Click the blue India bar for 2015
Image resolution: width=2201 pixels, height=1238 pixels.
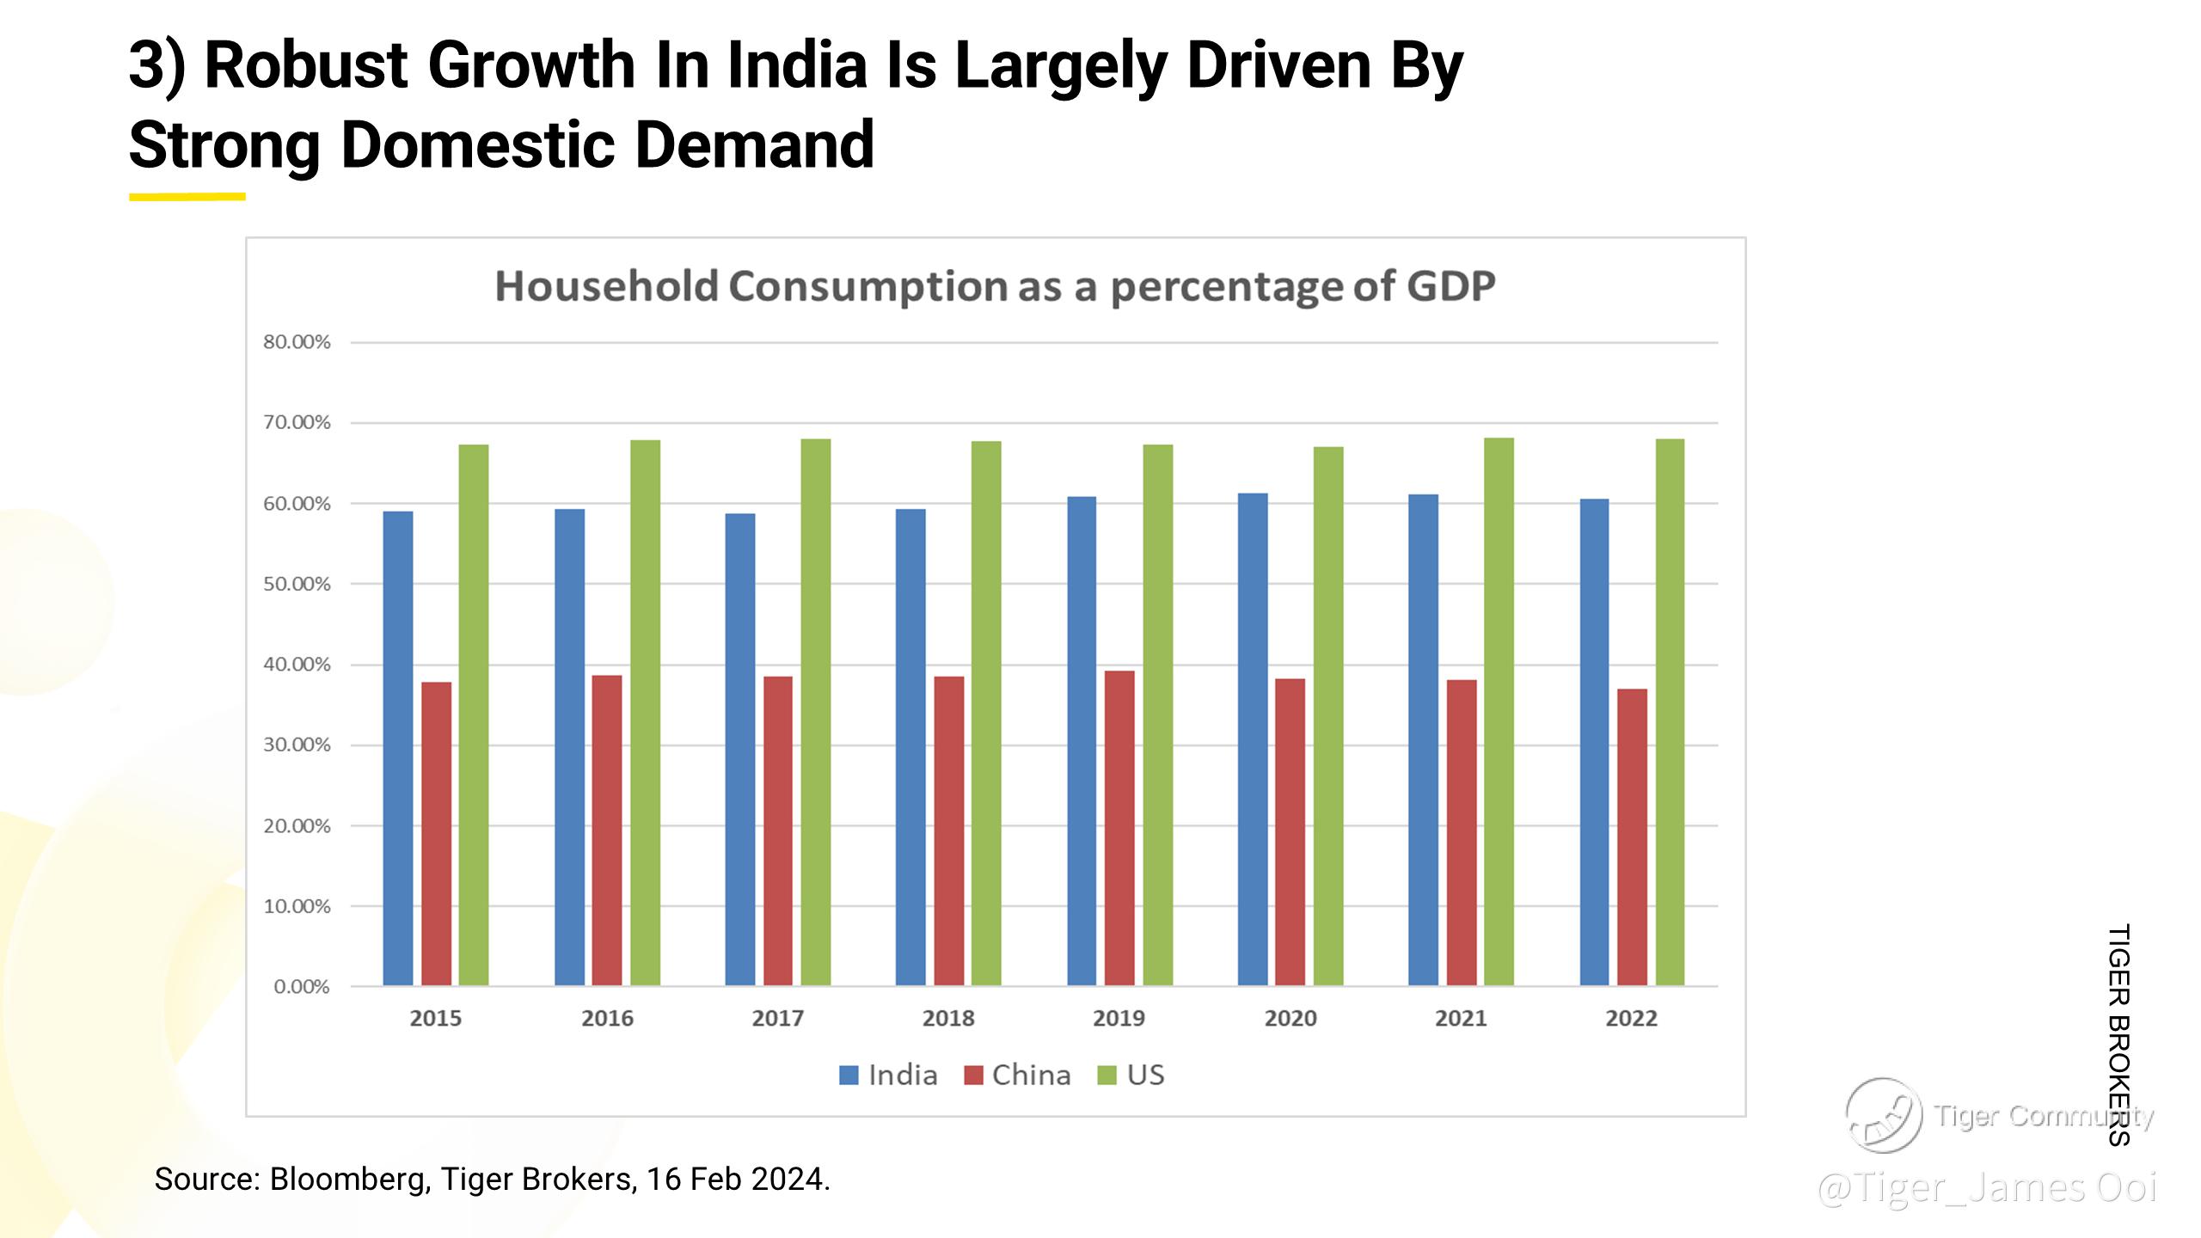pyautogui.click(x=398, y=748)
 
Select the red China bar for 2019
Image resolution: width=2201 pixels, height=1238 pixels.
pyautogui.click(x=1119, y=827)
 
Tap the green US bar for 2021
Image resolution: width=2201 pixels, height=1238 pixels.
pyautogui.click(x=1499, y=711)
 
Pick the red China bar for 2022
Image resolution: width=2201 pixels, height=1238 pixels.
pyautogui.click(x=1632, y=837)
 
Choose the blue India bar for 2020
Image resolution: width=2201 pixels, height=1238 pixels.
pyautogui.click(x=1253, y=739)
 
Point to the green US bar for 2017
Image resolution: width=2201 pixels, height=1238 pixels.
pyautogui.click(x=816, y=712)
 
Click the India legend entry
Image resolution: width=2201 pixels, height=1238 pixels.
pyautogui.click(x=888, y=1076)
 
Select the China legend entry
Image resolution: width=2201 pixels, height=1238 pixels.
pyautogui.click(x=1018, y=1076)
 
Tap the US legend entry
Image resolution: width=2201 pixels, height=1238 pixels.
pyautogui.click(x=1131, y=1076)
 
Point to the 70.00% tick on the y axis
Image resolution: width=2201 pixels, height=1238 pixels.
pyautogui.click(x=297, y=422)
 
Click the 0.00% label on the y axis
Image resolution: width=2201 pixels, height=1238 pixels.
pyautogui.click(x=301, y=987)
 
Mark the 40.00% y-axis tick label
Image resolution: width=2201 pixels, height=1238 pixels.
pyautogui.click(x=297, y=665)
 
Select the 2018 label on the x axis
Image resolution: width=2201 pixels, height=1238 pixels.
pyautogui.click(x=948, y=1019)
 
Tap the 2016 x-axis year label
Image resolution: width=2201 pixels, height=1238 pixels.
pyautogui.click(x=607, y=1019)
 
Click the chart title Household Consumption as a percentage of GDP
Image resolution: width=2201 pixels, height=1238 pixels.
pyautogui.click(x=995, y=286)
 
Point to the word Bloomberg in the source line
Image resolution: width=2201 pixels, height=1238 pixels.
pyautogui.click(x=349, y=1179)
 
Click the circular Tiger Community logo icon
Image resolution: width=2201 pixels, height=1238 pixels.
pyautogui.click(x=1883, y=1115)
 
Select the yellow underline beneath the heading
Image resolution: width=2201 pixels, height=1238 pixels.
pyautogui.click(x=187, y=197)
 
